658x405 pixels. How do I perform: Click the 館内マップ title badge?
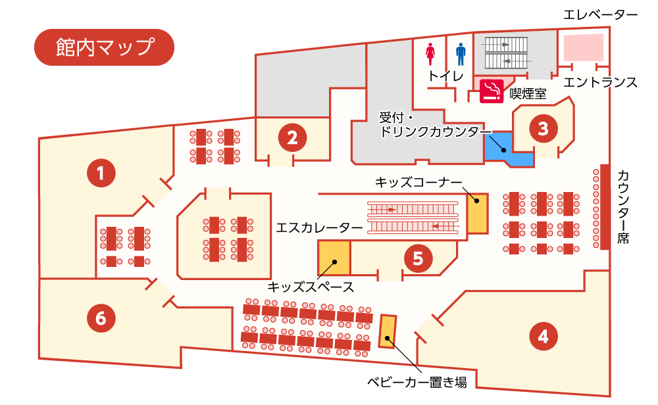(104, 47)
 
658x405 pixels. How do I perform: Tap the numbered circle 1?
(101, 173)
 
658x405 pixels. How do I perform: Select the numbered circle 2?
(292, 137)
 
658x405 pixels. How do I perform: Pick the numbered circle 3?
(544, 128)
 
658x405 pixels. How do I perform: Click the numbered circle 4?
(544, 336)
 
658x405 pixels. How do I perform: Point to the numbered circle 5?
(418, 258)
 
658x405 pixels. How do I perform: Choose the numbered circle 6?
(101, 318)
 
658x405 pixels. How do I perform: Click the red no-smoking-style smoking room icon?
(492, 91)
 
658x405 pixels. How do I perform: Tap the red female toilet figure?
(430, 55)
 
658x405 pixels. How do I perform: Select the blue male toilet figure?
(461, 55)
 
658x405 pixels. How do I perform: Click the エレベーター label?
(601, 15)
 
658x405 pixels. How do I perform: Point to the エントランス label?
(601, 82)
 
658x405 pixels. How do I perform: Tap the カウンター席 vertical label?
(623, 206)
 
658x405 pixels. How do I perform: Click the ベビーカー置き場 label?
(417, 382)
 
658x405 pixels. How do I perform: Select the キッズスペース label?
(311, 287)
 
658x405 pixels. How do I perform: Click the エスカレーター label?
(319, 227)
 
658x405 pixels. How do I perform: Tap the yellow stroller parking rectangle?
(388, 331)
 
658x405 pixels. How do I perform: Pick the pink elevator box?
(583, 47)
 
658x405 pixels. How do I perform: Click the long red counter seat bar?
(605, 206)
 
